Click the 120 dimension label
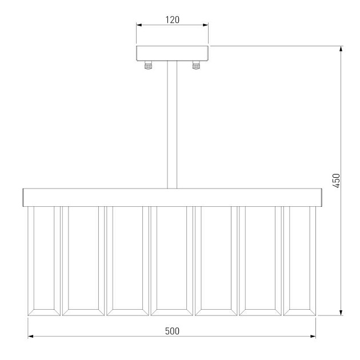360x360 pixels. [172, 19]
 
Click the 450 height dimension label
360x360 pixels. [337, 181]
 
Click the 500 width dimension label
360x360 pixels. [172, 331]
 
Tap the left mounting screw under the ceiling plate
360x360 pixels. [148, 65]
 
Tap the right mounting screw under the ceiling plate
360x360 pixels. [197, 65]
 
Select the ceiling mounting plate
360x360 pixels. [172, 53]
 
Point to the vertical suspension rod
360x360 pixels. [172, 126]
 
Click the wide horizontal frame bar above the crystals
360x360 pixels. [172, 197]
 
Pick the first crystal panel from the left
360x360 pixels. [44, 261]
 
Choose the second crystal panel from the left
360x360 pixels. [83, 261]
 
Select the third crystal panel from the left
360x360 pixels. [127, 261]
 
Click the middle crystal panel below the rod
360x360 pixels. [172, 261]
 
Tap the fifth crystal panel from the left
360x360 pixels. [217, 261]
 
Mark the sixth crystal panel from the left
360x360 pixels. [261, 261]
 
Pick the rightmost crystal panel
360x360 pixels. [301, 261]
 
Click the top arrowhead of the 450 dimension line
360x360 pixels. [341, 49]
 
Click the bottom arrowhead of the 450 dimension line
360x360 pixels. [341, 312]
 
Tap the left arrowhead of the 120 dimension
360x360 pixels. [139, 25]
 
